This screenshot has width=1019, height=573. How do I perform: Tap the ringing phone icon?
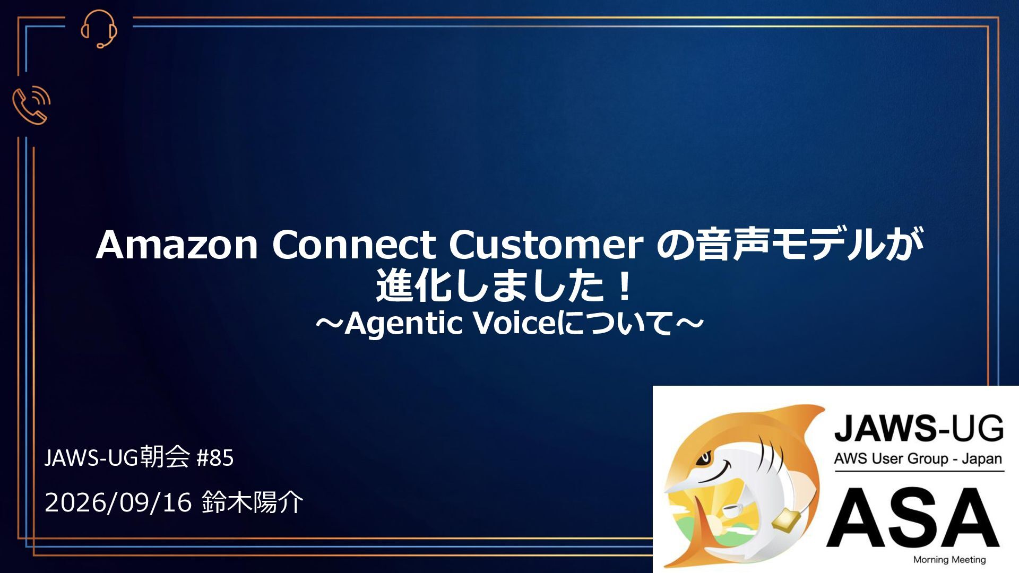(x=31, y=105)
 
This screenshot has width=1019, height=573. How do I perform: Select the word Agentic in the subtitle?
(x=404, y=324)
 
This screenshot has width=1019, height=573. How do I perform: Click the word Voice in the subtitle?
(x=514, y=323)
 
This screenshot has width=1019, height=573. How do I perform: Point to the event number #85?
(x=215, y=458)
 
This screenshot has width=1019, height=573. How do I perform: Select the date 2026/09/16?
(x=118, y=502)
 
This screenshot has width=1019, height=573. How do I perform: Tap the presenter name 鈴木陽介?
(x=253, y=502)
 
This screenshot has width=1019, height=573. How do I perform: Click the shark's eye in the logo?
(x=706, y=455)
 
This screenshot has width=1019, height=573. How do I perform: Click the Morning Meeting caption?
(x=949, y=560)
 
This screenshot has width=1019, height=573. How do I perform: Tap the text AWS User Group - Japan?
(x=918, y=458)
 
